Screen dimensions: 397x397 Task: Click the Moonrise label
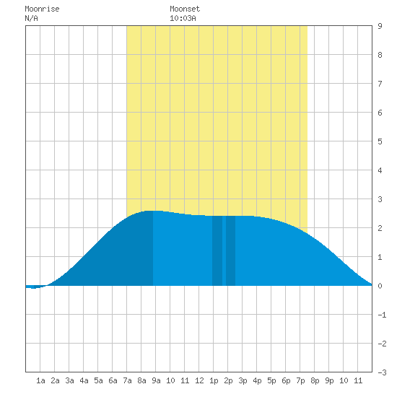tap(42, 9)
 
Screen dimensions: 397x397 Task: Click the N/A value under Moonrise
tap(31, 18)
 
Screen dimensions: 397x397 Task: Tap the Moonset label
tap(185, 9)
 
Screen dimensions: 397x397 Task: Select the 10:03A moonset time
tap(183, 18)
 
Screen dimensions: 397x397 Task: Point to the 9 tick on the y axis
tap(380, 26)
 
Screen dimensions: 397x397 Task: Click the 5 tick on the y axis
tap(380, 141)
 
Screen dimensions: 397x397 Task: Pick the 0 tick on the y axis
tap(380, 286)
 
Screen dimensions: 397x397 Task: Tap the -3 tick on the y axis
tap(382, 372)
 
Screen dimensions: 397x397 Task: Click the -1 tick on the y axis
tap(382, 315)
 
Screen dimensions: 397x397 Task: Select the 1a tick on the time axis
tap(40, 380)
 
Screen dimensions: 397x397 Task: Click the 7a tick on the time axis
tap(127, 380)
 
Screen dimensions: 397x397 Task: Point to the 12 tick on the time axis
tap(199, 380)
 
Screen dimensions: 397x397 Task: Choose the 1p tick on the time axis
tap(214, 380)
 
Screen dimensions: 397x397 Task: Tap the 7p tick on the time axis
tap(300, 380)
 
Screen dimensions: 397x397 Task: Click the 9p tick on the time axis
tap(329, 380)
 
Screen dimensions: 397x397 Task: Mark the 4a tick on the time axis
tap(84, 380)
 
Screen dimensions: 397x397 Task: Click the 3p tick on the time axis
tap(243, 380)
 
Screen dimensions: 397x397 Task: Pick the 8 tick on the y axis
tap(380, 55)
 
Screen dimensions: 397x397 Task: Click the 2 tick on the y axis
tap(380, 228)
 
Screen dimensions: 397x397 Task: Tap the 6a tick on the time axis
tap(113, 380)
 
